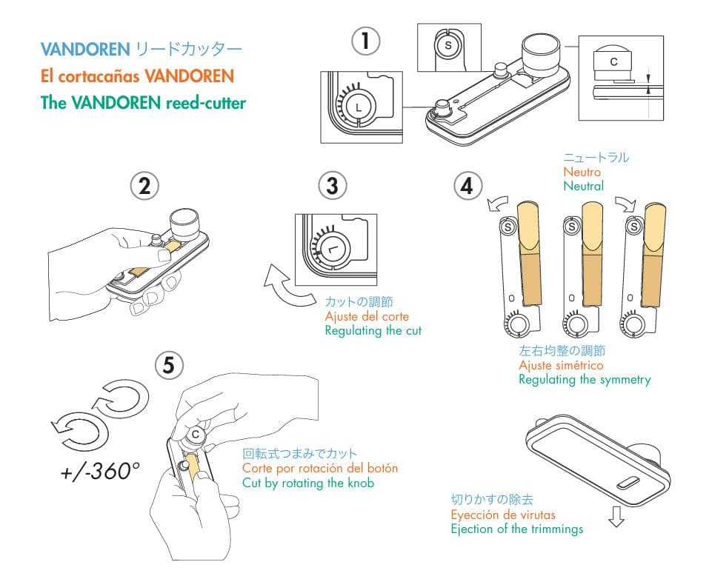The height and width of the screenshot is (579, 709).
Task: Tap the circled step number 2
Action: click(x=144, y=187)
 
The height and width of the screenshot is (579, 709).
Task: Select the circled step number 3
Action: click(x=332, y=186)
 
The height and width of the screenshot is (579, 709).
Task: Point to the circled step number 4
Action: click(x=466, y=186)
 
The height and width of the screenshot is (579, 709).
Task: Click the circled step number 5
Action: click(x=169, y=364)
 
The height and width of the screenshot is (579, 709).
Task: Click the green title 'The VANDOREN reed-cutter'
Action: click(x=143, y=103)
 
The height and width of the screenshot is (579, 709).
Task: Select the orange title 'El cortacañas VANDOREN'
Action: click(x=137, y=76)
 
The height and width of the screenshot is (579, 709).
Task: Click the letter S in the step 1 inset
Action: click(x=447, y=46)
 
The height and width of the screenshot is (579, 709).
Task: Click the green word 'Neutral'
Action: click(x=583, y=187)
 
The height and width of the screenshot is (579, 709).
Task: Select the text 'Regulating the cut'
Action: click(x=373, y=331)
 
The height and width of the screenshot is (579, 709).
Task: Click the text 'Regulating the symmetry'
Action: click(x=585, y=380)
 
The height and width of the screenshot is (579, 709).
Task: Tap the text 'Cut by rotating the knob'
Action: click(x=308, y=483)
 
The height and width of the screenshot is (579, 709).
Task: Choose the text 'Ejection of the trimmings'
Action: click(x=517, y=529)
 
